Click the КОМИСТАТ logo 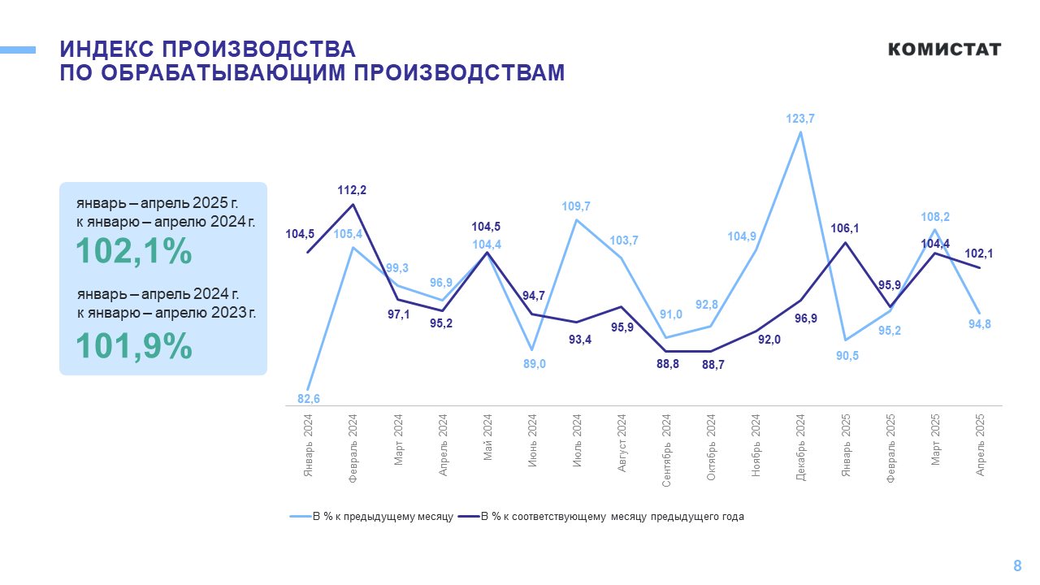(944, 50)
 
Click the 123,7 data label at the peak (800, 119)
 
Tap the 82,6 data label (308, 399)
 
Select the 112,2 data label (352, 190)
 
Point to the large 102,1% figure (134, 252)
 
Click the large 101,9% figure (134, 347)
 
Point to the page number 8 (1017, 566)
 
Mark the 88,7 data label (713, 365)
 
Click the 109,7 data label (576, 206)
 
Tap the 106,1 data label (846, 228)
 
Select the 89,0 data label (532, 364)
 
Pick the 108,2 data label (935, 217)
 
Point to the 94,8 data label (980, 324)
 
